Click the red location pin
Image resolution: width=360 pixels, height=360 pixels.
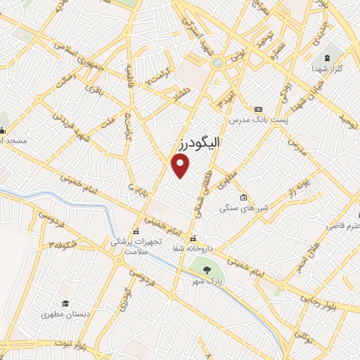(181, 166)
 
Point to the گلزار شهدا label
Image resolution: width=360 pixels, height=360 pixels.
(327, 70)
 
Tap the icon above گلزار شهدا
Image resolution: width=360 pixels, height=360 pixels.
(327, 57)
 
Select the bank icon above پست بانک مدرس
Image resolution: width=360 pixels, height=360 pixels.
(258, 109)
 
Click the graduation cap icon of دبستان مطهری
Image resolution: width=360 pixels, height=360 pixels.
(65, 303)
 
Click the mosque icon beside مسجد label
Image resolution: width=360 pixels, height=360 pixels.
(2, 129)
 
